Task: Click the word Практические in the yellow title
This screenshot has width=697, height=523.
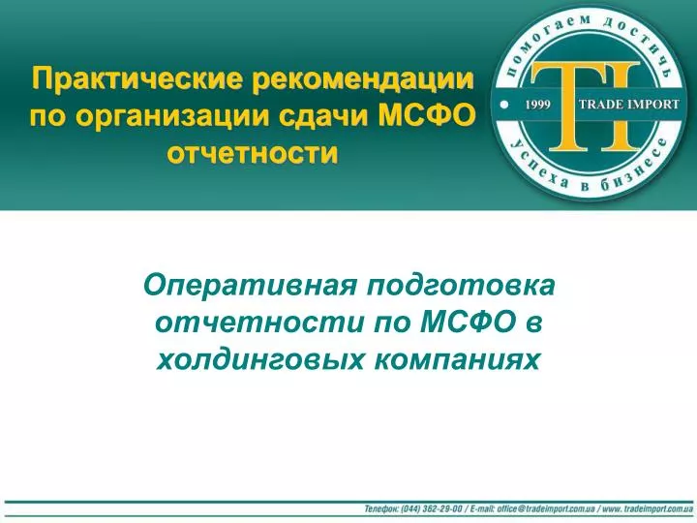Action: pos(137,79)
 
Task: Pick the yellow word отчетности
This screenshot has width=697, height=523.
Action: pos(253,154)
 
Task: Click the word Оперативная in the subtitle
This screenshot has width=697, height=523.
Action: pos(251,285)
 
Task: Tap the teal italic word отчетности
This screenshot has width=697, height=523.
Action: pos(259,322)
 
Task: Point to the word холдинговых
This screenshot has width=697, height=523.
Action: pos(260,359)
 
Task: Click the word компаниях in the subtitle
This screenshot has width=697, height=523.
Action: pos(457,359)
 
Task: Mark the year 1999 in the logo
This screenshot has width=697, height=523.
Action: pos(538,105)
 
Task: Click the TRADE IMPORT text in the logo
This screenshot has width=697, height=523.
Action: pos(629,105)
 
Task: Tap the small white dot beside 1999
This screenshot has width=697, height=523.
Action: pos(504,105)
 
